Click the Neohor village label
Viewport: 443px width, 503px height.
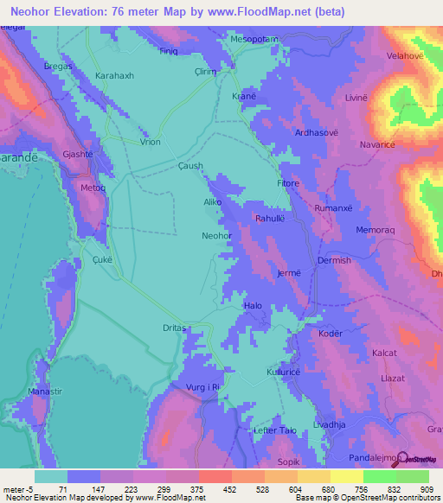(x=216, y=235)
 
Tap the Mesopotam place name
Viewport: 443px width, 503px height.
(x=254, y=40)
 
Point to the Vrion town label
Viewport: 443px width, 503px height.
(x=150, y=142)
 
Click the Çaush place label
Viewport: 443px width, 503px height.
(x=189, y=166)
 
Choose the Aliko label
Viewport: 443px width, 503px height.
(x=212, y=202)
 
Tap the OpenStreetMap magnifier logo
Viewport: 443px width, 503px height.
(x=402, y=455)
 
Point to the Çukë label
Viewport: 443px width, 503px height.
(x=102, y=258)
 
